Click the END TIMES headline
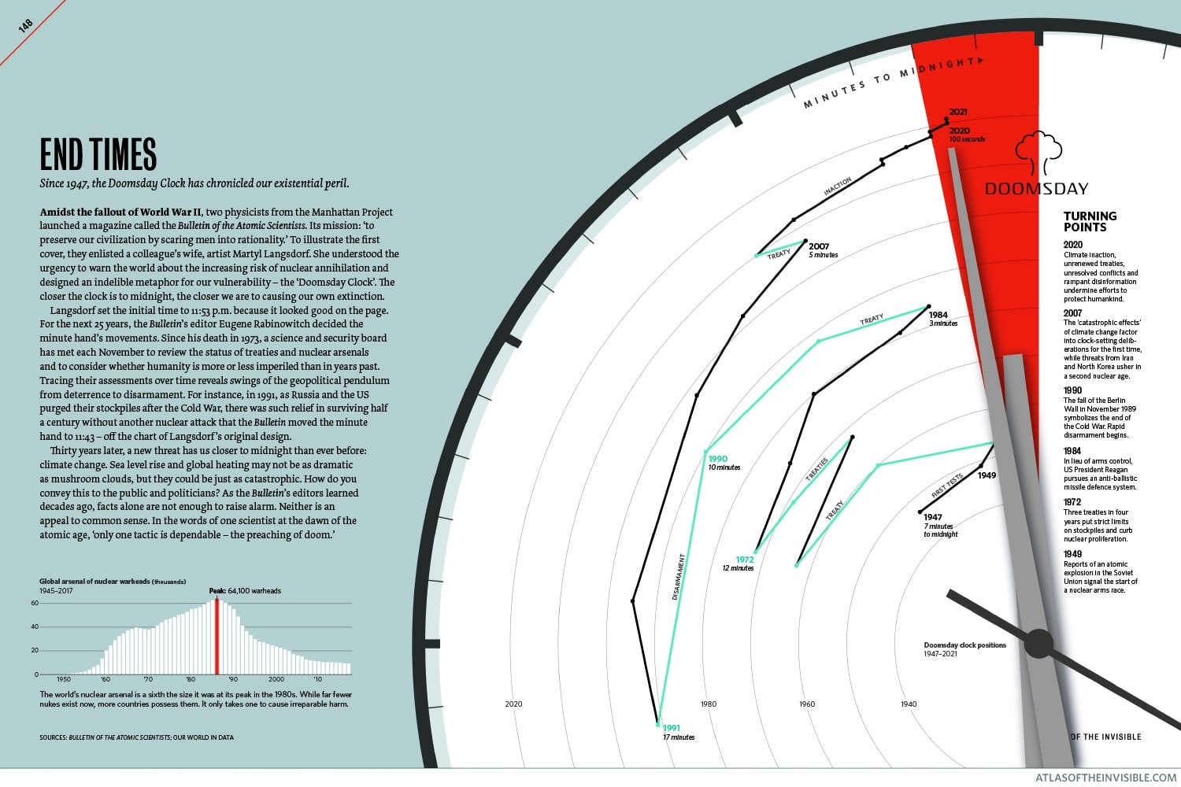[x=98, y=154]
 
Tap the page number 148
[x=25, y=26]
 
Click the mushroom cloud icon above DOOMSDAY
[x=1038, y=152]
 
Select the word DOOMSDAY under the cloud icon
[x=1036, y=189]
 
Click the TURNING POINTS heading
[x=1090, y=221]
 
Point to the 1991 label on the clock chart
[x=672, y=728]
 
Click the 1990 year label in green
[x=717, y=459]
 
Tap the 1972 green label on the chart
[x=745, y=560]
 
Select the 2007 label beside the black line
[x=819, y=246]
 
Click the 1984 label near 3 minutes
[x=939, y=315]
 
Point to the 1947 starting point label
[x=933, y=517]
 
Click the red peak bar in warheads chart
[x=217, y=637]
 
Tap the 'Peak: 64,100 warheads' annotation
[x=245, y=590]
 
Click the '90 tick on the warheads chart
[x=233, y=679]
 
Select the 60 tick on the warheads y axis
[x=35, y=603]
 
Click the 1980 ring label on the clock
[x=709, y=704]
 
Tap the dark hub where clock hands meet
[x=1038, y=643]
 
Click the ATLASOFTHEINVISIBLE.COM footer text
[x=1105, y=778]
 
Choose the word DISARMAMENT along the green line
[x=679, y=577]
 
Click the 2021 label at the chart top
[x=958, y=113]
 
